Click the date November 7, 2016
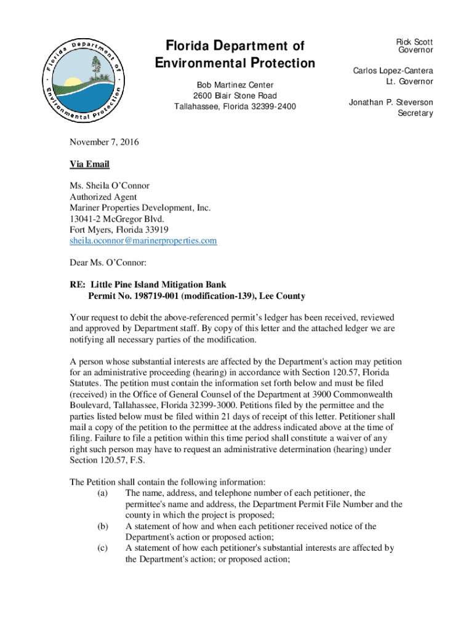(x=104, y=142)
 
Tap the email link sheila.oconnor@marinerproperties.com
(x=143, y=241)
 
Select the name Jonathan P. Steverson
(x=391, y=102)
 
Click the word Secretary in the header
(x=415, y=113)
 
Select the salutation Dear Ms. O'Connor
(x=108, y=263)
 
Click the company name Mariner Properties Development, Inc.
(x=140, y=208)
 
